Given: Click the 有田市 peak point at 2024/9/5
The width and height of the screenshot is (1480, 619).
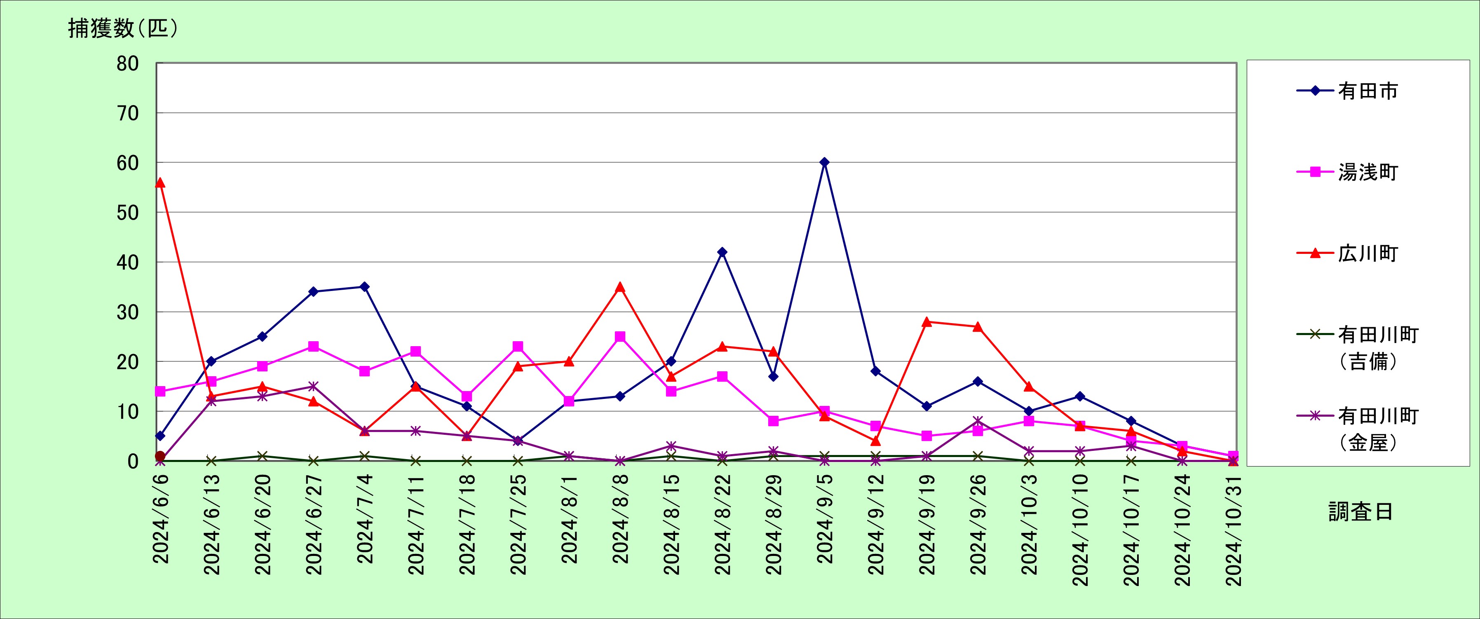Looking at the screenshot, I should click(x=824, y=162).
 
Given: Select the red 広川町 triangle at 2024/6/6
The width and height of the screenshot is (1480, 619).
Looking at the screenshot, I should click(x=160, y=183).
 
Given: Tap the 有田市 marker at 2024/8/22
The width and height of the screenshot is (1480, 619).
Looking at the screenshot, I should click(x=722, y=252).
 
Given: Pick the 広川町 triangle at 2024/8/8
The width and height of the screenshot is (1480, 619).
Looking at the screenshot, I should click(x=620, y=287).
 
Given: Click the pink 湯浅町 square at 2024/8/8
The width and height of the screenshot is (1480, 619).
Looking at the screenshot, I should click(x=620, y=336).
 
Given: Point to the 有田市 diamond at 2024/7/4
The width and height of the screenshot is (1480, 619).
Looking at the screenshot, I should click(x=364, y=286).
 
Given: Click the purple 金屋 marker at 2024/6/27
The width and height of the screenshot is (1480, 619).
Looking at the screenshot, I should click(x=313, y=386).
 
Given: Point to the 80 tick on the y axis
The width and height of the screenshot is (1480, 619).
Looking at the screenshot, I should click(x=127, y=64).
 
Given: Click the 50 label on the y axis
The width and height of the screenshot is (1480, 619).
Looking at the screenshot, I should click(x=127, y=213).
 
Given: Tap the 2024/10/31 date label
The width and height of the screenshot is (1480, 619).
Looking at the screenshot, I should click(x=1234, y=530).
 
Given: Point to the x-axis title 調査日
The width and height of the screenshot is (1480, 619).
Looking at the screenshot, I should click(x=1360, y=511).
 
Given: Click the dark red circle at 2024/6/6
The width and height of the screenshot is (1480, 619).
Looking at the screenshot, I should click(x=160, y=456).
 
